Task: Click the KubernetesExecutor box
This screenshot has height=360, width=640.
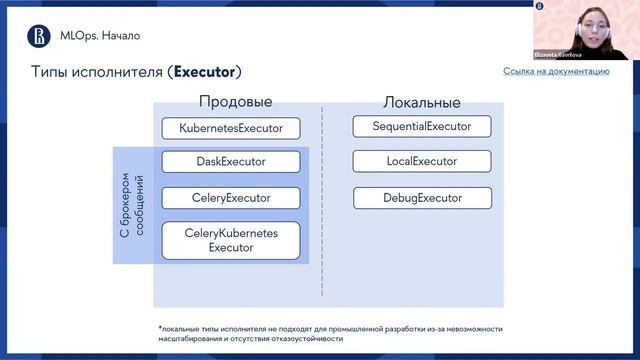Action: (x=231, y=128)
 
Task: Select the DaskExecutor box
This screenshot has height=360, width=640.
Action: (x=231, y=161)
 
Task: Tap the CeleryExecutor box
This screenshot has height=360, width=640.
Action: (x=231, y=198)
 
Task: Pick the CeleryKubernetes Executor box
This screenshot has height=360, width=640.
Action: (x=231, y=240)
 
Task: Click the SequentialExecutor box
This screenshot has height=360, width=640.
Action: (x=422, y=126)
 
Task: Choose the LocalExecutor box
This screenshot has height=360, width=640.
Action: (x=422, y=161)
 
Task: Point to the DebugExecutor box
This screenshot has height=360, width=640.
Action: (x=422, y=198)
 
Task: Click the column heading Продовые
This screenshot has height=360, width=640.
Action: (x=235, y=101)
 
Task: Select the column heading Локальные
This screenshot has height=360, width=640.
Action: (x=421, y=102)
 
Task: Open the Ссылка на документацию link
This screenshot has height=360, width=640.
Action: (x=556, y=71)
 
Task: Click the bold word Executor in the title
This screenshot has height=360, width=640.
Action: (x=204, y=72)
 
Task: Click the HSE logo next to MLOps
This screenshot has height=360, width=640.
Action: (x=38, y=36)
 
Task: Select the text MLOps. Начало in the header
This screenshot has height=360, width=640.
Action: (x=97, y=36)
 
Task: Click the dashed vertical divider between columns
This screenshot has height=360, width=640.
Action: (x=322, y=200)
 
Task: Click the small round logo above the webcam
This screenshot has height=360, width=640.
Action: (x=539, y=6)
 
